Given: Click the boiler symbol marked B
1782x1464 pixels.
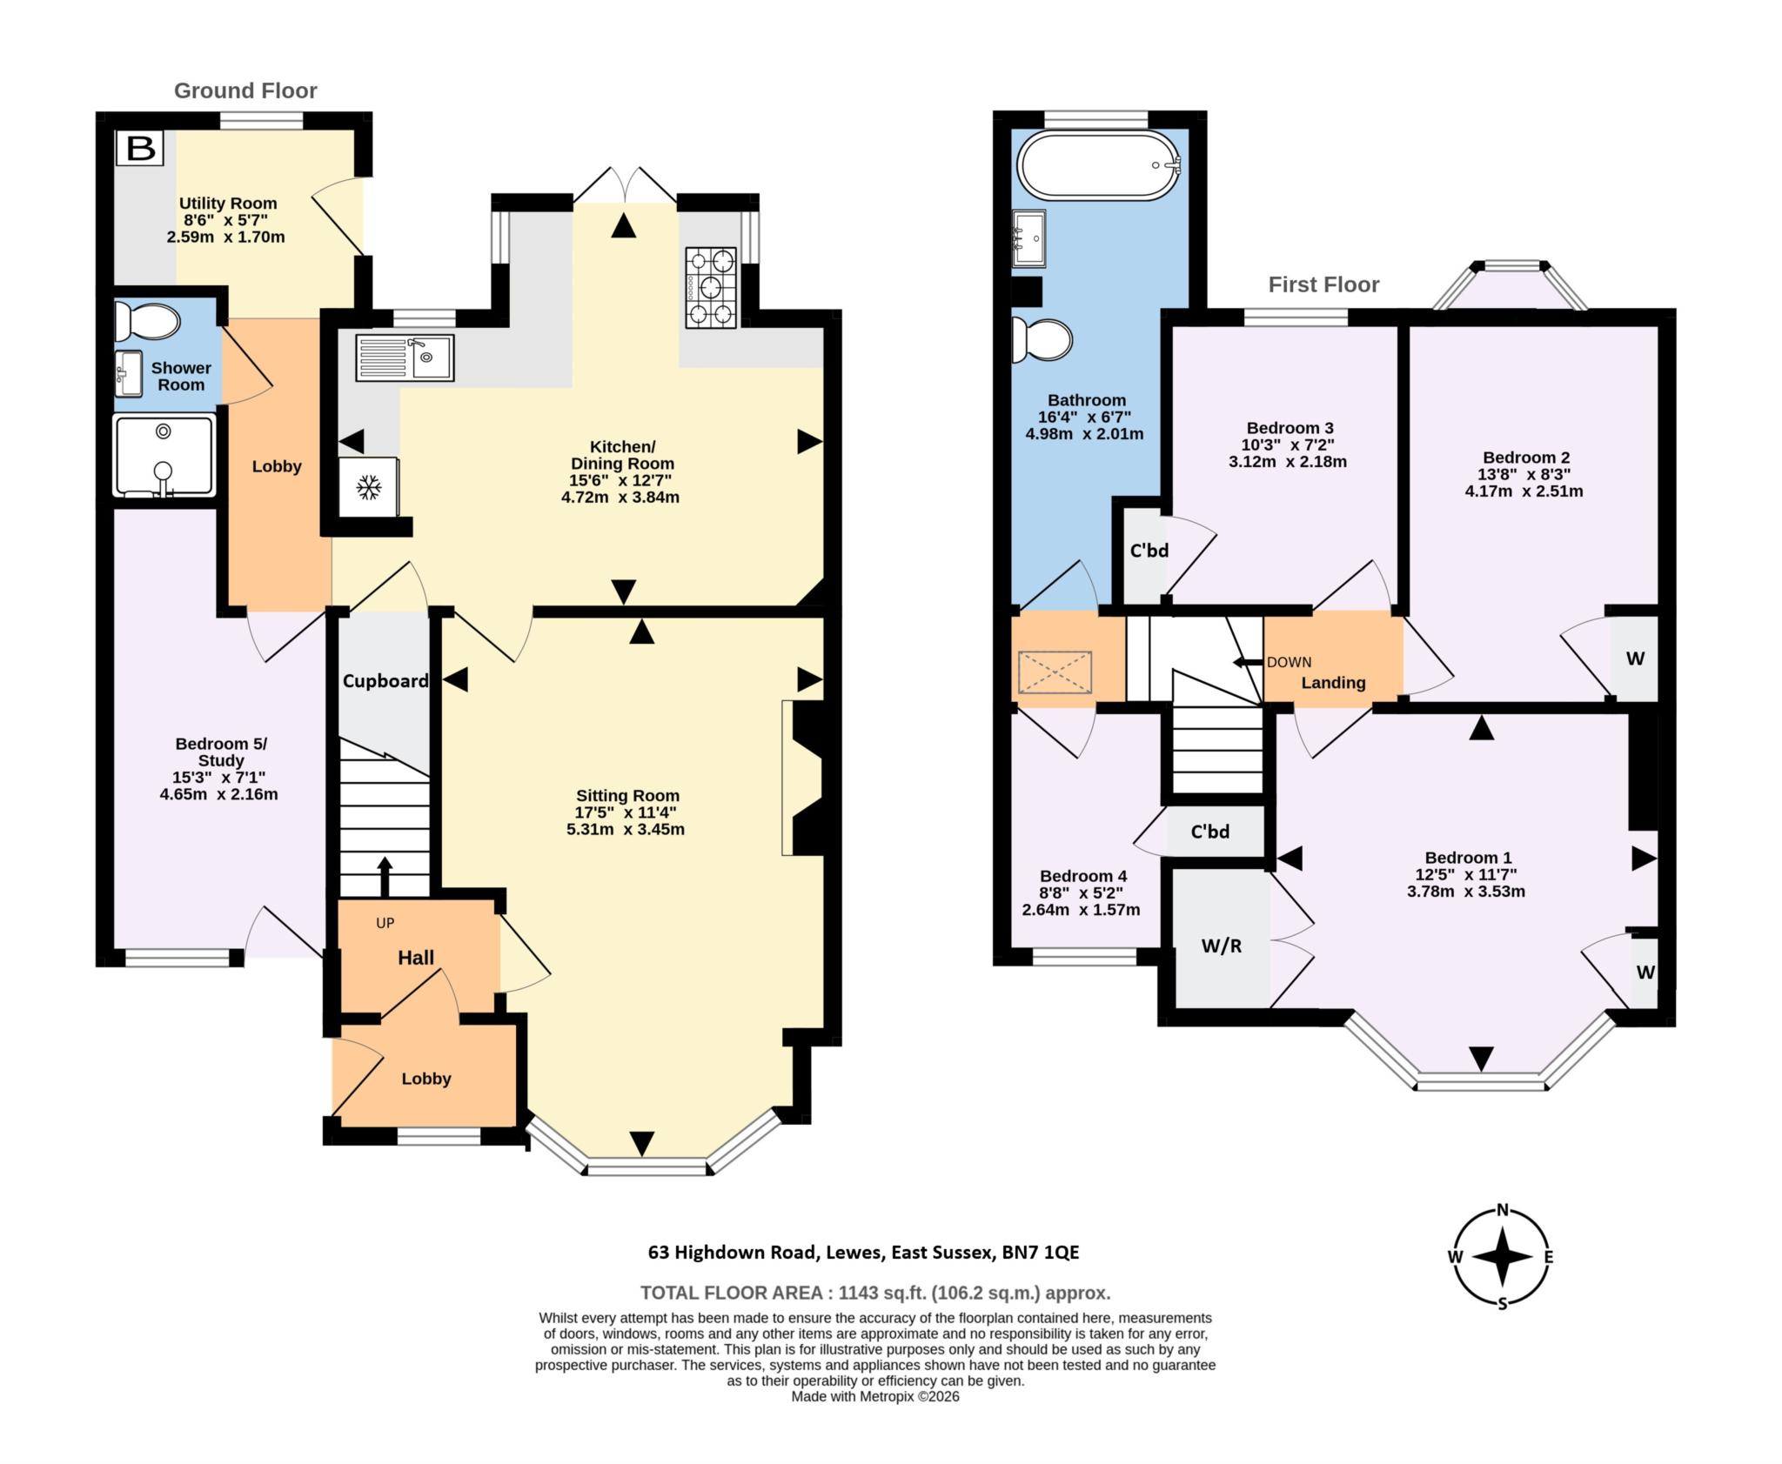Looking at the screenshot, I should point(141,148).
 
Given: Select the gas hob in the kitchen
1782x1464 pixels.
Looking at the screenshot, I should point(711,288).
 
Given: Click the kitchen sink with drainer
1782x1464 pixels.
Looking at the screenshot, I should point(405,358).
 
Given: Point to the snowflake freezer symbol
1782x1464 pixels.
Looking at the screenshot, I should point(369,487).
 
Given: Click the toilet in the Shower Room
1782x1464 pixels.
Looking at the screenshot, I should point(145,321).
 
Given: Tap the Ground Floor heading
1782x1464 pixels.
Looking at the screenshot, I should point(245,90).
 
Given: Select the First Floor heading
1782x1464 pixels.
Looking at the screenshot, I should point(1323,284).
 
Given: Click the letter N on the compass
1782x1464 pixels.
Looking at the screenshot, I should point(1502,1209).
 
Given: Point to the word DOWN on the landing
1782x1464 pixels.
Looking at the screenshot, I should point(1289,662).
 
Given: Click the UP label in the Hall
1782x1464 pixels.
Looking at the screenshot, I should point(385,923).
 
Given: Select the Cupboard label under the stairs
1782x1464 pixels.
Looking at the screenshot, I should point(385,681).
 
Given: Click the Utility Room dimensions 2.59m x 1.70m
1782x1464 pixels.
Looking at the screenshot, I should point(225,237).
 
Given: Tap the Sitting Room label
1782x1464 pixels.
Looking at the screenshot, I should point(627,795).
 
